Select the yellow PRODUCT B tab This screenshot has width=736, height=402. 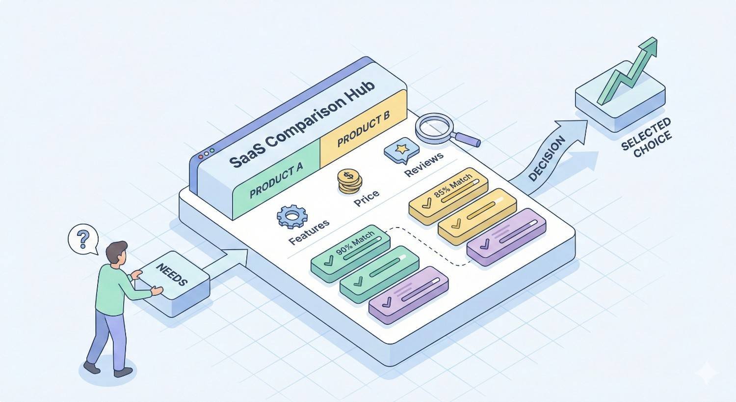tap(364, 128)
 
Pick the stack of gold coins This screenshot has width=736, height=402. tap(349, 181)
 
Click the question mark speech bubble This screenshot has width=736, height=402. tap(83, 239)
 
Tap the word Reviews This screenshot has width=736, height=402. tap(423, 164)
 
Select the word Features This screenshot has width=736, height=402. tap(309, 232)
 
